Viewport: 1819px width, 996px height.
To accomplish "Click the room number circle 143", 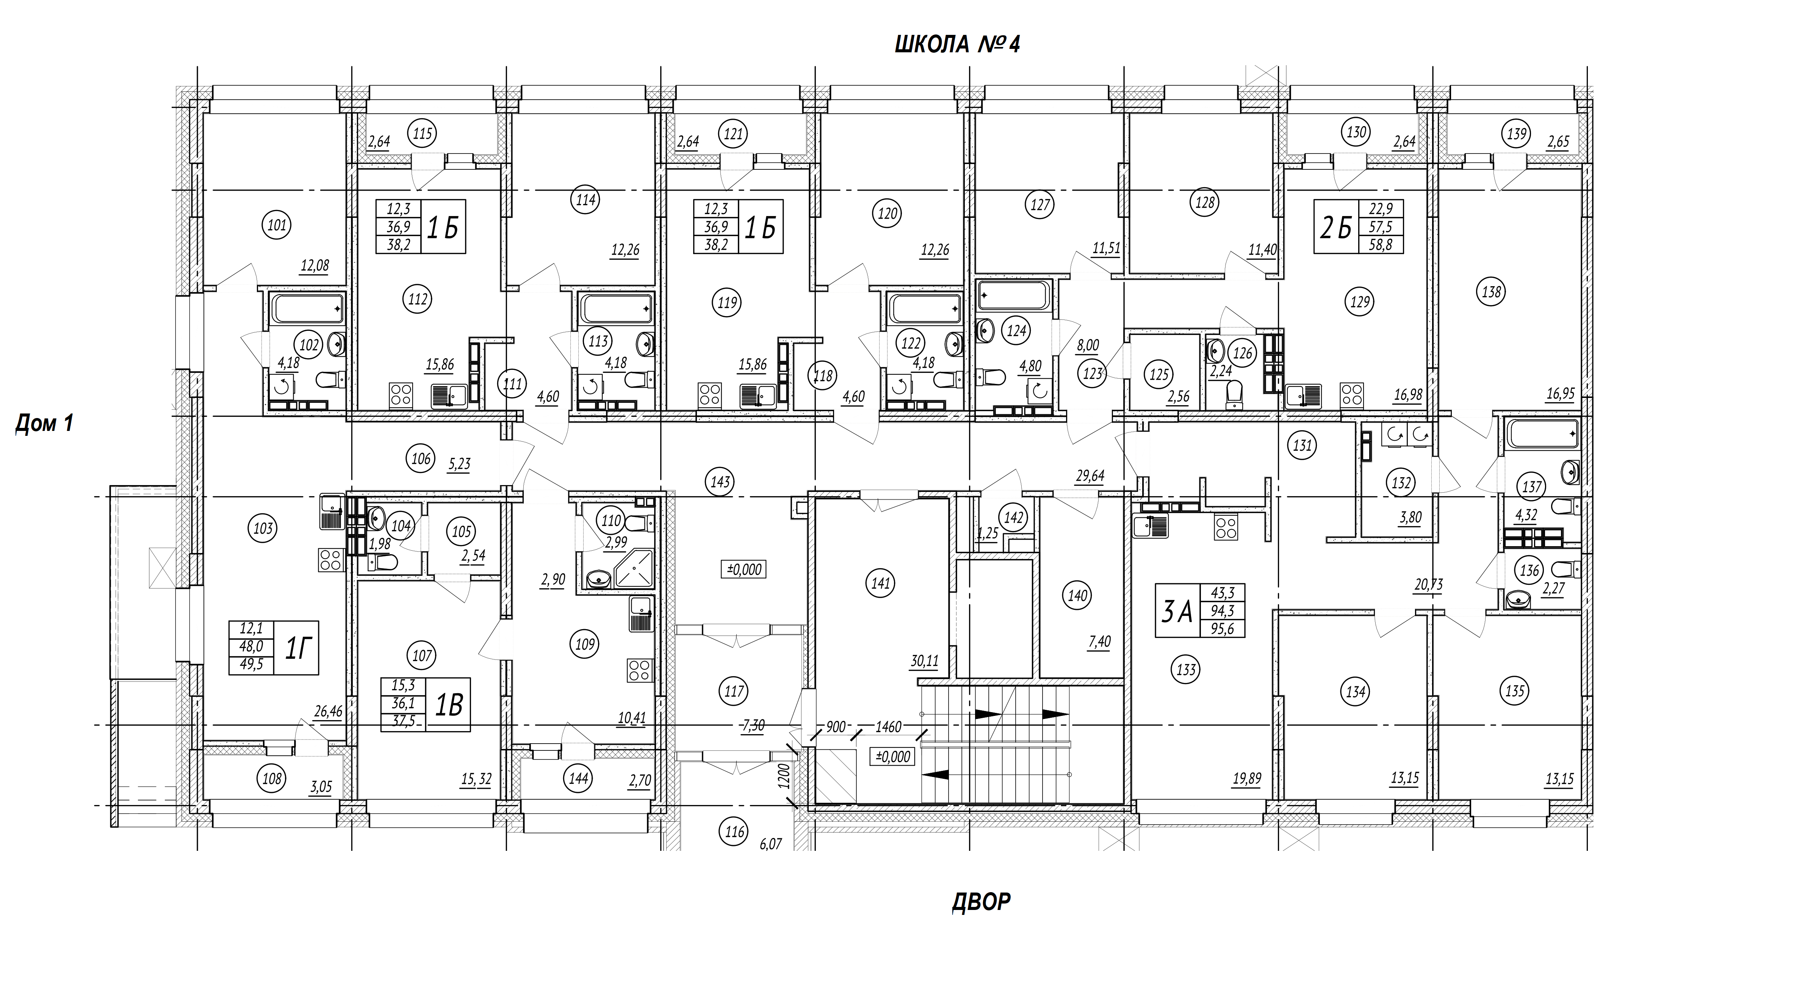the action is click(720, 482).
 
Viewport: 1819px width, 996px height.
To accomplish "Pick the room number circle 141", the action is click(881, 584).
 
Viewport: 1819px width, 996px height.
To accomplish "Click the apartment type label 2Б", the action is click(1336, 227).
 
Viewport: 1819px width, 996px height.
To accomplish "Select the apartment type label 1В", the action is click(448, 704).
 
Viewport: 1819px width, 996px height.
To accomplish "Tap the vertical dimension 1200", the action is click(783, 775).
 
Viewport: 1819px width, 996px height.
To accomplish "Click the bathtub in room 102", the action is click(308, 309).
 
